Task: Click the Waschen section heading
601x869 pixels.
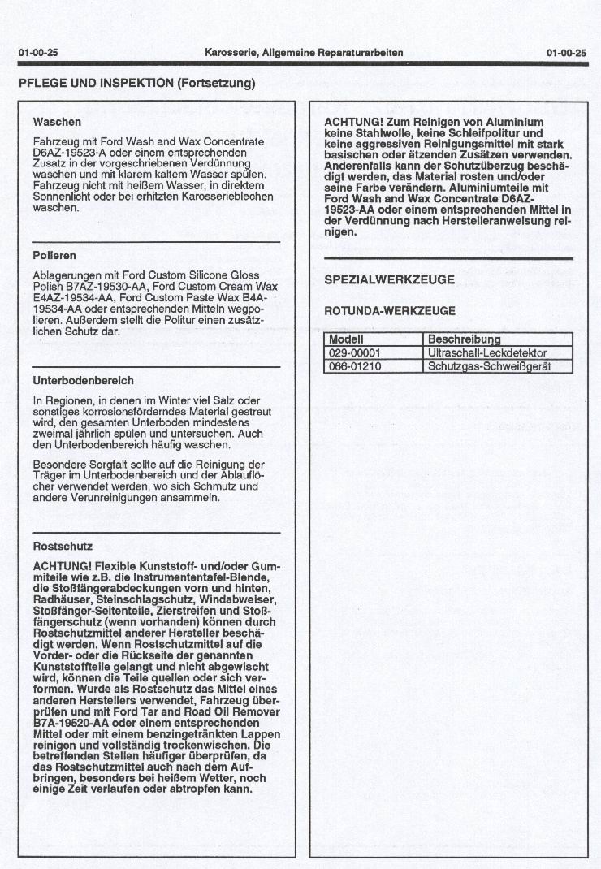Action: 57,122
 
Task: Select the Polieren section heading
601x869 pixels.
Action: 55,256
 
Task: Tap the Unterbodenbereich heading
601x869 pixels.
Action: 84,380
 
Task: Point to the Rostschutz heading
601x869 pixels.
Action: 63,547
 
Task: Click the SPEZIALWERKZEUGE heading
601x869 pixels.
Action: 389,279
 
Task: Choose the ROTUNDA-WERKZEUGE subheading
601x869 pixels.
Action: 390,311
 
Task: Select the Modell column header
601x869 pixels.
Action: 346,339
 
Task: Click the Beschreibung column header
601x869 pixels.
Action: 465,339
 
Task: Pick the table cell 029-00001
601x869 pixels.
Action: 355,353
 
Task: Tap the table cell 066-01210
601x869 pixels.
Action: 355,366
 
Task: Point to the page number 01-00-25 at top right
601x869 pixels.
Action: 567,53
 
